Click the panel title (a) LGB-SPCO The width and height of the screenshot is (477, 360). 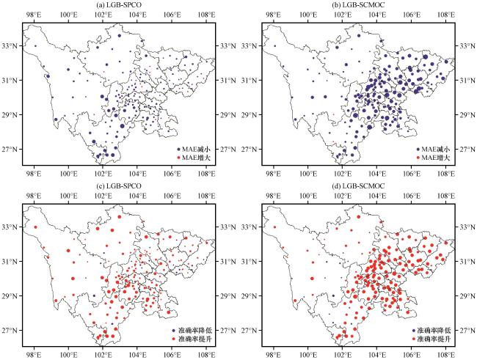(x=120, y=5)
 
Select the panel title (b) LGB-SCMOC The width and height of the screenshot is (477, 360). (x=358, y=5)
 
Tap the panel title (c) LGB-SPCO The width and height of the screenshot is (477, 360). (x=120, y=186)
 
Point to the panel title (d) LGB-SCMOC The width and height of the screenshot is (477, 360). (x=358, y=186)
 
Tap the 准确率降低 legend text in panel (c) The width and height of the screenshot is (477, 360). (x=188, y=331)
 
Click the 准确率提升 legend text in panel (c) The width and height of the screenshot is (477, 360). (x=188, y=339)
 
